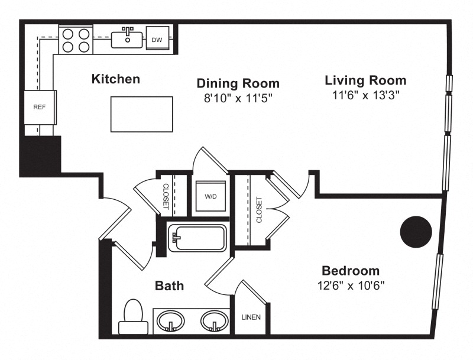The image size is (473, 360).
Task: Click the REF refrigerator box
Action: (40, 107)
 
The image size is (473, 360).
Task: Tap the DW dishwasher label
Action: (157, 40)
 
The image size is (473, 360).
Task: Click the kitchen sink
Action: (127, 38)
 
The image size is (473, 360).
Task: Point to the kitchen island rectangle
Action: (142, 114)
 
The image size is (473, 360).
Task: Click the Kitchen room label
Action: (116, 79)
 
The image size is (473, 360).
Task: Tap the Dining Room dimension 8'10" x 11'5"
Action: (238, 98)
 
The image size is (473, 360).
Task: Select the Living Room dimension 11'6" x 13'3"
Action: (365, 95)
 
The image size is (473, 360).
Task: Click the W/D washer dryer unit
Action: (210, 196)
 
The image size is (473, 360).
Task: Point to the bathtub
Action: (197, 238)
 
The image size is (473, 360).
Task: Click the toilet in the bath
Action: (134, 317)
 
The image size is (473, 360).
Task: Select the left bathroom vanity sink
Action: (171, 321)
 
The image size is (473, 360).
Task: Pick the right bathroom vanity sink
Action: (214, 321)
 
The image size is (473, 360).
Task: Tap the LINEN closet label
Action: (251, 317)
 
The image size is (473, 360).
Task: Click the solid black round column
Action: (416, 232)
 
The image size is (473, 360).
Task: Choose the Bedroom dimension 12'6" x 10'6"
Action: (351, 285)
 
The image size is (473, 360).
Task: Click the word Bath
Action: (169, 286)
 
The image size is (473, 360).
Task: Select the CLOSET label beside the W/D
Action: (166, 196)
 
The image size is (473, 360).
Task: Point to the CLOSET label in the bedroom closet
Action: (259, 210)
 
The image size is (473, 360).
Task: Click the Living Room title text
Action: (365, 80)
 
